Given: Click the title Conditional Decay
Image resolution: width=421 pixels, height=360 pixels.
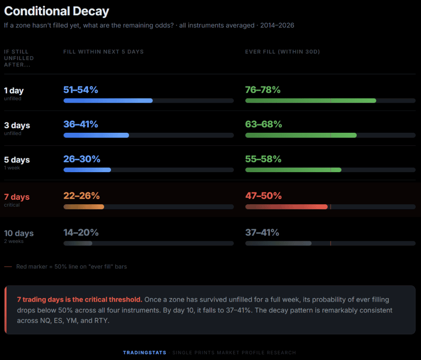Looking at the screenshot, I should (x=56, y=11).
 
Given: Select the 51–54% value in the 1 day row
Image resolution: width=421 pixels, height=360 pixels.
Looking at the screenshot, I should (x=81, y=90).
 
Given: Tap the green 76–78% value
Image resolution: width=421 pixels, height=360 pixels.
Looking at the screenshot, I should (x=263, y=90).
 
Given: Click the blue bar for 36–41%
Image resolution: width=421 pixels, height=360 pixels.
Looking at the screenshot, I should (x=96, y=135).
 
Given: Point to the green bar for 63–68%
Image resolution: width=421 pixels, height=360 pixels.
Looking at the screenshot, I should (x=301, y=135).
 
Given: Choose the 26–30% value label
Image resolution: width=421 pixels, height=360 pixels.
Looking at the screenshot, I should (x=82, y=159).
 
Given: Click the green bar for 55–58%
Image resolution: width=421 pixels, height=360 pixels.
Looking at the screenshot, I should (x=293, y=170).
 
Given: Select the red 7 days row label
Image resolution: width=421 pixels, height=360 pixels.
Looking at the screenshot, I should (x=17, y=197).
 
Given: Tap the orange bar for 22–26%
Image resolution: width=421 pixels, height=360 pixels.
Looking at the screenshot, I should (x=83, y=207).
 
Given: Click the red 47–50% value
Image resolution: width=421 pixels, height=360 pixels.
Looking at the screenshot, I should (x=264, y=196).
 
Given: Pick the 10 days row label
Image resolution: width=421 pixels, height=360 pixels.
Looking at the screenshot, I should (x=19, y=233).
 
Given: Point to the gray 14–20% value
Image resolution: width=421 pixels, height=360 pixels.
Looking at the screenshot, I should (x=81, y=233).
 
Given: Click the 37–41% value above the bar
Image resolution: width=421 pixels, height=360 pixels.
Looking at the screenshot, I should (x=262, y=233).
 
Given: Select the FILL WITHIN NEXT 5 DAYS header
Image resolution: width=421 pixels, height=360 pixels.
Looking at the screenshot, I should (x=104, y=52).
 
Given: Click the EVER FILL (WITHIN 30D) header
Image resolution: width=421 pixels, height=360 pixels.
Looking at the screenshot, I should (x=282, y=52).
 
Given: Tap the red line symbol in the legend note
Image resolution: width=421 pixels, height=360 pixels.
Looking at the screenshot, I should (x=8, y=267).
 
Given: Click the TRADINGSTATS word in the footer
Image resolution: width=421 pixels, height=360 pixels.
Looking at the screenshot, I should (x=145, y=353).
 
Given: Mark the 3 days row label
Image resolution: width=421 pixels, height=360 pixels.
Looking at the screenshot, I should (x=17, y=125).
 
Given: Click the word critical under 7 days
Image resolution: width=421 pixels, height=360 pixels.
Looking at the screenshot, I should (x=12, y=205).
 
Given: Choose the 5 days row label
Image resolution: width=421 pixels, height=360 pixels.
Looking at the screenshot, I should (x=17, y=160).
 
